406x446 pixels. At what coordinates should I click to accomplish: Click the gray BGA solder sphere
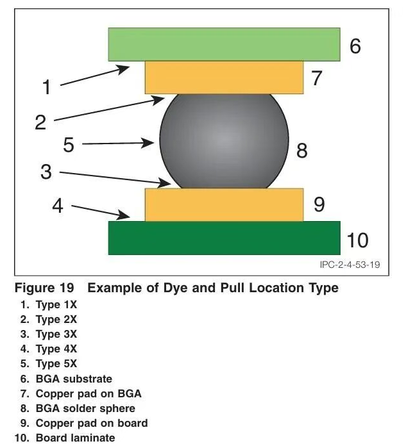(x=224, y=141)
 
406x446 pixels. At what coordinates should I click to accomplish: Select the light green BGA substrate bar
(x=224, y=44)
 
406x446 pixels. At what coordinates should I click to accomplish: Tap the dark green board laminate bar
(x=224, y=238)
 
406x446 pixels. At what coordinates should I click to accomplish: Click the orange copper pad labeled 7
(x=224, y=78)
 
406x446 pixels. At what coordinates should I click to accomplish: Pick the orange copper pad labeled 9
(x=224, y=205)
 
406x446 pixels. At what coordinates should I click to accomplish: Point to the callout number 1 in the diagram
(x=47, y=87)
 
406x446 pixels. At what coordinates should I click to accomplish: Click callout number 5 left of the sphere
(x=69, y=145)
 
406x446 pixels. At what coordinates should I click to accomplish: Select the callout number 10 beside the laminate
(x=358, y=240)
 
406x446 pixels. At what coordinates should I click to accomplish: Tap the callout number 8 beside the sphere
(x=302, y=151)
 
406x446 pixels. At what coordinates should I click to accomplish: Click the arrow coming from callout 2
(x=109, y=109)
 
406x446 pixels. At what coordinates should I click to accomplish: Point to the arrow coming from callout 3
(x=115, y=178)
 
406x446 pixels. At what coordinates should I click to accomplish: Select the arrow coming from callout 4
(x=101, y=211)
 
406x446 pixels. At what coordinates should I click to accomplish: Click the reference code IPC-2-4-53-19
(x=350, y=265)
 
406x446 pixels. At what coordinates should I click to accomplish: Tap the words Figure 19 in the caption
(x=44, y=288)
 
